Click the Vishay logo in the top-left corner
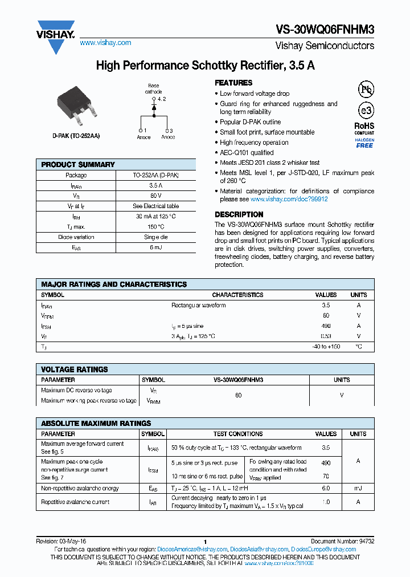pyautogui.click(x=55, y=35)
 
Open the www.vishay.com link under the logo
pyautogui.click(x=105, y=43)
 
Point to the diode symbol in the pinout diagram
pyautogui.click(x=154, y=108)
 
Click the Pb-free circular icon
pyautogui.click(x=366, y=89)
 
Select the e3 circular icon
pyautogui.click(x=365, y=111)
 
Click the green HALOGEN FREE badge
pyautogui.click(x=364, y=143)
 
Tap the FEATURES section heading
pyautogui.click(x=233, y=83)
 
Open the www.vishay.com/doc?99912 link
pyautogui.click(x=289, y=200)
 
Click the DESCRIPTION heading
pyautogui.click(x=239, y=214)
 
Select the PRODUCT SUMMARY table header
pyautogui.click(x=78, y=165)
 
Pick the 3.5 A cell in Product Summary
pyautogui.click(x=155, y=186)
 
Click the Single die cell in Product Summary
pyautogui.click(x=155, y=237)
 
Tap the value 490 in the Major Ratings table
pyautogui.click(x=326, y=326)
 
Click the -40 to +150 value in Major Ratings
pyautogui.click(x=326, y=347)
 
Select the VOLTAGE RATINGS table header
pyautogui.click(x=75, y=369)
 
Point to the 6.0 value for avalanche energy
pyautogui.click(x=326, y=489)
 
